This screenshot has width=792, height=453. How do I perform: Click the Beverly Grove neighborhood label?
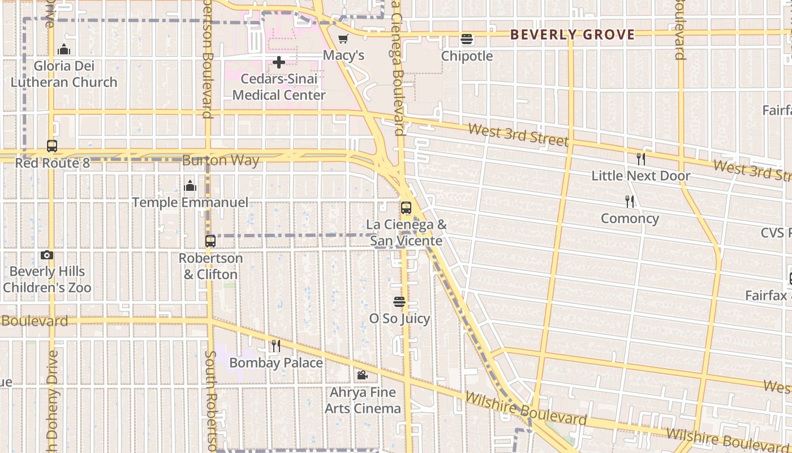point(573,35)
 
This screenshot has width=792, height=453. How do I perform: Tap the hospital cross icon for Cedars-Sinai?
point(278,62)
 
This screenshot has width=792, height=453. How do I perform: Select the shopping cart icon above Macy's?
point(343,39)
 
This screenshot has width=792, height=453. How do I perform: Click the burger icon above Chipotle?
point(467,40)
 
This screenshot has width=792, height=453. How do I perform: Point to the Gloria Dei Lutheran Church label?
point(64,74)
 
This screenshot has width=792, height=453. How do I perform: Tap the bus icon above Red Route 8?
point(52,146)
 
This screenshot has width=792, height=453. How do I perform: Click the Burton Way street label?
point(221,161)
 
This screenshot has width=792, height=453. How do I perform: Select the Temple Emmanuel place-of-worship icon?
point(190,186)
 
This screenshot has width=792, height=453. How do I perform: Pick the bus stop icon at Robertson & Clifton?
point(210,241)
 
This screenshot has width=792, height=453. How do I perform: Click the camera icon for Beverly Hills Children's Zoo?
point(47,255)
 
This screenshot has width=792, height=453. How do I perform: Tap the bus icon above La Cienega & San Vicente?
point(406,208)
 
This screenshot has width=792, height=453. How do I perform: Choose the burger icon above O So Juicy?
point(399,302)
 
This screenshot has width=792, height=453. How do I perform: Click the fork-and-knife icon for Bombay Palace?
point(276,345)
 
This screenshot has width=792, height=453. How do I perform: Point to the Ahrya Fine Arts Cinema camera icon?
point(362,375)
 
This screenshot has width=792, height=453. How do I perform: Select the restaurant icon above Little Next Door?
point(640,159)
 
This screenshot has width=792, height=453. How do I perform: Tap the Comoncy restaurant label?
point(630,219)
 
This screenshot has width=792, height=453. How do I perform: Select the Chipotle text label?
point(467,56)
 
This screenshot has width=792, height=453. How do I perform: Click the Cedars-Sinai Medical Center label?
point(279,87)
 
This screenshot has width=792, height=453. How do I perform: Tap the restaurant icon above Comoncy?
point(629,202)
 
